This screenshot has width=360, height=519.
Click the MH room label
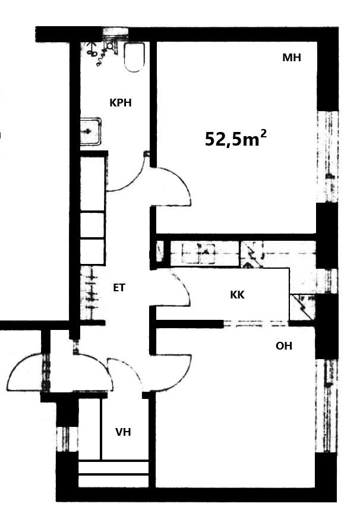pos(292,58)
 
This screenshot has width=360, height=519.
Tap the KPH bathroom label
pos(121,103)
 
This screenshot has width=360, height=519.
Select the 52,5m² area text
pos(236,139)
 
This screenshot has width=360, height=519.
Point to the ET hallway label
pos(119,288)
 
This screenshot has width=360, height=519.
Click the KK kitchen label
pos(237,295)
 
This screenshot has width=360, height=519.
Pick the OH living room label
pos(284,346)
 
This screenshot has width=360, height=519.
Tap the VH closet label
pos(123,432)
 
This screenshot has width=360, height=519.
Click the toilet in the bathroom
pos(134,57)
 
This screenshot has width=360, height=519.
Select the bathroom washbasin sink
pos(91,131)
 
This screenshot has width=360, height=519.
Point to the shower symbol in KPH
pos(99,53)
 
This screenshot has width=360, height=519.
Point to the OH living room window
pos(327,406)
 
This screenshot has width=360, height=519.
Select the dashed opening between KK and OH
pos(256,323)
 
